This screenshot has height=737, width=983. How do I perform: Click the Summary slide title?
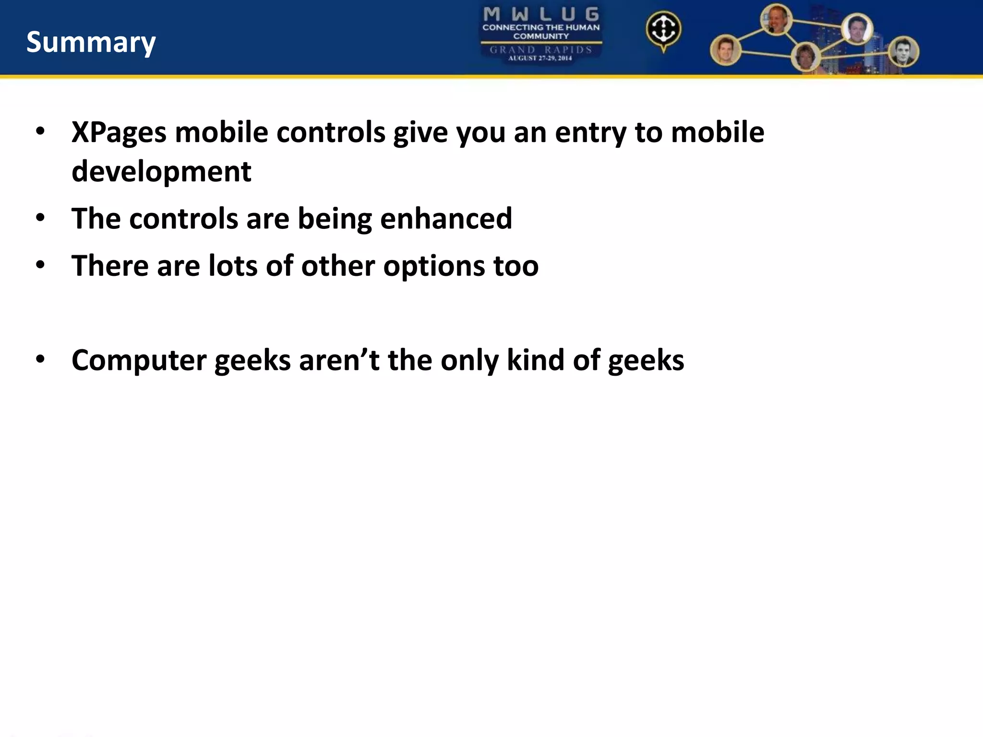click(91, 42)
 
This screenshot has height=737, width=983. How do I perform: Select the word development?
click(161, 171)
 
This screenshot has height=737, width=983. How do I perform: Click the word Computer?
click(139, 360)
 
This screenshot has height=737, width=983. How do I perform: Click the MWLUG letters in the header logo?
click(541, 14)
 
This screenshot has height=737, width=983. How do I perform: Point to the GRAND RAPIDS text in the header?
click(541, 49)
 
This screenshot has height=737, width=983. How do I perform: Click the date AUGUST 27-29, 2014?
click(540, 58)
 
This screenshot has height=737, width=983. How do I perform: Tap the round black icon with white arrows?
click(663, 29)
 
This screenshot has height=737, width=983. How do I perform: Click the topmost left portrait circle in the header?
click(776, 20)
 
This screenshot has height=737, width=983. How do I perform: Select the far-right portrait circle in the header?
click(903, 51)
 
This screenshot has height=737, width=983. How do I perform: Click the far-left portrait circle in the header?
click(725, 50)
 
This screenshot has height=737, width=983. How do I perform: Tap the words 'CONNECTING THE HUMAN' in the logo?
click(541, 27)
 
